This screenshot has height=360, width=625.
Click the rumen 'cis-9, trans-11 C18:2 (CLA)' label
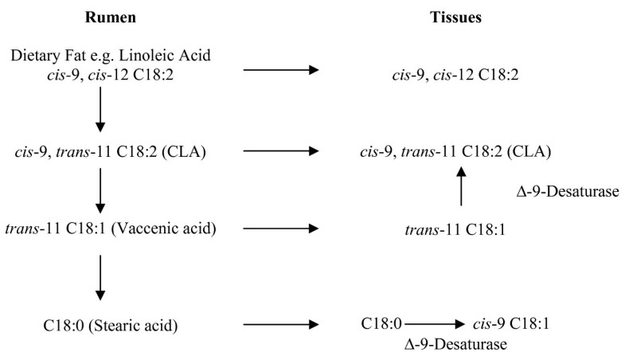[100, 151]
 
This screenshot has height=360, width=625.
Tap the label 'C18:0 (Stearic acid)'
[100, 325]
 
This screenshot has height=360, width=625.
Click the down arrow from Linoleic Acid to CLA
[100, 112]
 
